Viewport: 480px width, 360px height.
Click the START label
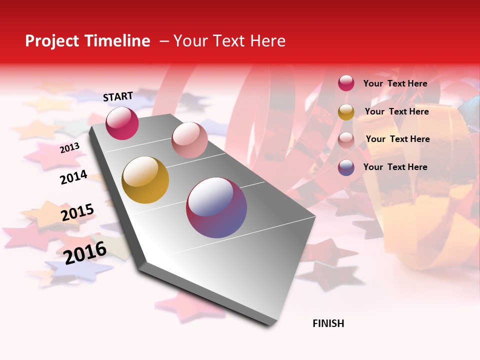pos(118,96)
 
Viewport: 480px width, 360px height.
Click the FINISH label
pos(328,323)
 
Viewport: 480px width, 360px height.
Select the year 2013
pos(69,147)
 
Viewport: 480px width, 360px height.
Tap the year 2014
pos(73,177)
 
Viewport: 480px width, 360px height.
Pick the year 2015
pos(77,212)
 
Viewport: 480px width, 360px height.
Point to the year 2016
pos(85,252)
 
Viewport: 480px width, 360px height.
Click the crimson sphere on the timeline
pos(122,123)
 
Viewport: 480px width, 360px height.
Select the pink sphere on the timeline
pos(189,140)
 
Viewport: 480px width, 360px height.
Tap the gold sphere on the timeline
pos(145,180)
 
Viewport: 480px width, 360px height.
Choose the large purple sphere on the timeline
pos(216,207)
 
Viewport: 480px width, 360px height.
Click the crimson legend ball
pos(346,83)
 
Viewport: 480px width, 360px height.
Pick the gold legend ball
pos(346,112)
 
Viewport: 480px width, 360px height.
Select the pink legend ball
pos(346,140)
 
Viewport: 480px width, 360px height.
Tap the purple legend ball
pos(346,167)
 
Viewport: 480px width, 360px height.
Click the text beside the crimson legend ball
pos(395,83)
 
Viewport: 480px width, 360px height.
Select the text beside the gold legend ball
pos(396,111)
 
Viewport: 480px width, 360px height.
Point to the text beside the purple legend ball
pos(395,167)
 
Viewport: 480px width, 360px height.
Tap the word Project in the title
pos(51,41)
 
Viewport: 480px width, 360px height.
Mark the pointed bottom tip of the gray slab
pos(270,325)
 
